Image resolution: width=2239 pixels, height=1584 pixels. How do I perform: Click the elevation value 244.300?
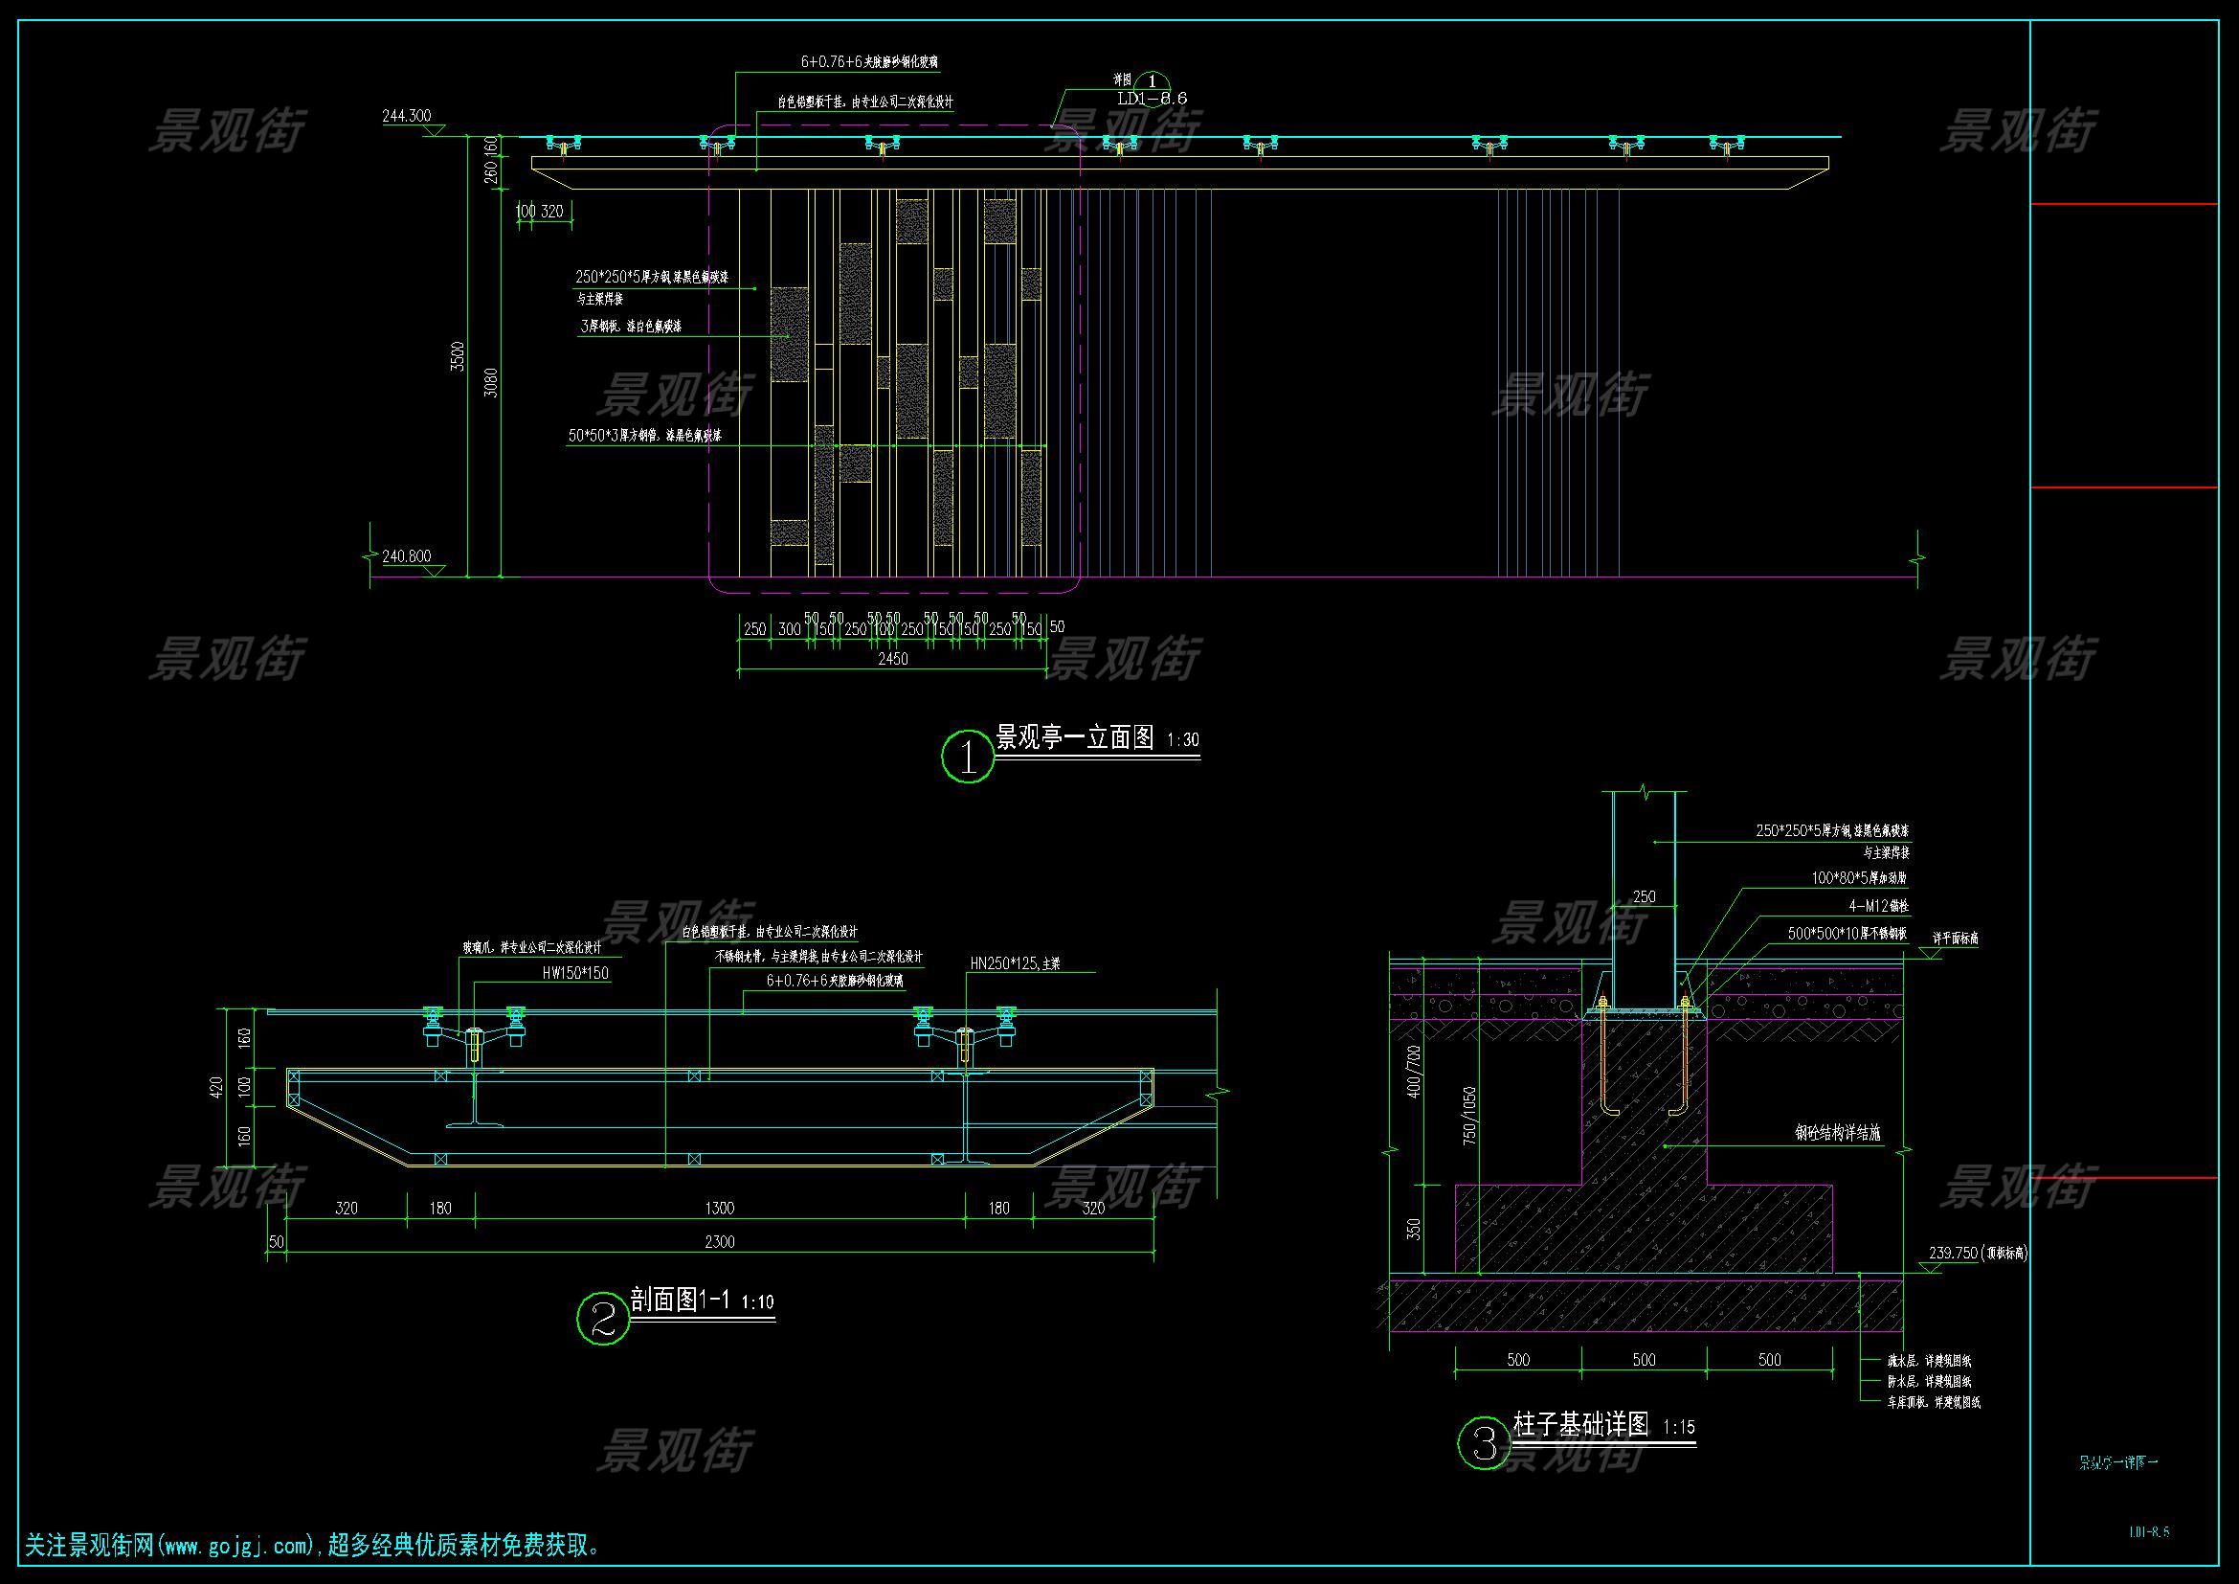(406, 116)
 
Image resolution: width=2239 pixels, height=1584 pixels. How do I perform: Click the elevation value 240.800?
(406, 557)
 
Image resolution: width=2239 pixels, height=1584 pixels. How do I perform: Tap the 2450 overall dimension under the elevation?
(892, 659)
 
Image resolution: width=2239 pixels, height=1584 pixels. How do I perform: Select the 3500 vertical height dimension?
(458, 356)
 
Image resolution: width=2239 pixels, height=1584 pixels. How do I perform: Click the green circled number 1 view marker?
(968, 756)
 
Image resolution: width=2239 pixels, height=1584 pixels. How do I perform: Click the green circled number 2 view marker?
(603, 1319)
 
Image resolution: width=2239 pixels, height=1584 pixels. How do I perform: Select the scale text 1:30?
(1182, 740)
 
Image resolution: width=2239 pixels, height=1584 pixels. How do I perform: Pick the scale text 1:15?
(1678, 1428)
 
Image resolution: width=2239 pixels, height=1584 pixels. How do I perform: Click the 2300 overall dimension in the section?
(719, 1242)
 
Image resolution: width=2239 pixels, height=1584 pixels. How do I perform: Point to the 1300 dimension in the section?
(719, 1209)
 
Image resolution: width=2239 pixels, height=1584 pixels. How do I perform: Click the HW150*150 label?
(575, 973)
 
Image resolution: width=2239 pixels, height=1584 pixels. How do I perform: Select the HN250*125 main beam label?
(1014, 963)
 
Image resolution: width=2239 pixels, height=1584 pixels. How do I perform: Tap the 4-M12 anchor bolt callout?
(1882, 906)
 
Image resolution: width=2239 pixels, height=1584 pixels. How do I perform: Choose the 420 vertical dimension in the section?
(217, 1087)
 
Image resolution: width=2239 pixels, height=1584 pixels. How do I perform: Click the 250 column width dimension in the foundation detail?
(1645, 896)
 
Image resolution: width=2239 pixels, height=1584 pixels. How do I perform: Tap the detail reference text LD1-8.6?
(1152, 99)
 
